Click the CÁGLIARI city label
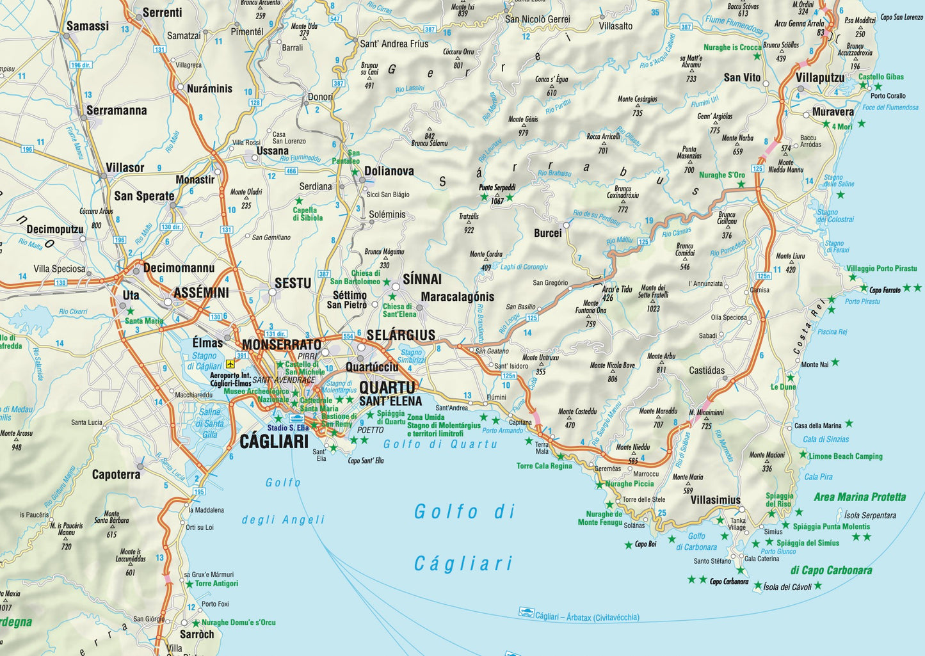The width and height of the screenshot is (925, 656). tap(274, 441)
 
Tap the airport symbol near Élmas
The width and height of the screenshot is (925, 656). tap(230, 364)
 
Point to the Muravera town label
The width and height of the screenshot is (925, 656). tap(833, 112)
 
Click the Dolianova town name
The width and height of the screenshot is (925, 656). tap(389, 172)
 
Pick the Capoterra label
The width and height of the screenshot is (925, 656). tap(116, 474)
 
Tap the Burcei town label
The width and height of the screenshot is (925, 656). tap(548, 233)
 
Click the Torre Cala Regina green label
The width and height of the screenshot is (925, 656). tap(544, 466)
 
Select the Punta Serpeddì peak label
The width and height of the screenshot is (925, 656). tap(497, 188)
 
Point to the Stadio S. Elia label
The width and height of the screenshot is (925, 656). tap(288, 428)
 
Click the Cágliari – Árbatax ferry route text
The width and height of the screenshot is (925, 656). tap(587, 617)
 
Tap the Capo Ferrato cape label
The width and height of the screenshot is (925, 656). tap(885, 290)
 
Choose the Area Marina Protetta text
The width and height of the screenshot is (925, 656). tap(860, 497)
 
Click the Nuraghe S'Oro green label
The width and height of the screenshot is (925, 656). tap(721, 175)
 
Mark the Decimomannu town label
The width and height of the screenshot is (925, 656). tap(179, 268)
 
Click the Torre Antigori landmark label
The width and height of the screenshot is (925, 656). tap(216, 583)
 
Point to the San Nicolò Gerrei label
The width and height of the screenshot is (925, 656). tap(537, 19)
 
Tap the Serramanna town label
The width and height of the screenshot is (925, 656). tap(117, 110)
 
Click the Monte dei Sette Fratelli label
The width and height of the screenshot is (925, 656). tap(653, 291)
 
